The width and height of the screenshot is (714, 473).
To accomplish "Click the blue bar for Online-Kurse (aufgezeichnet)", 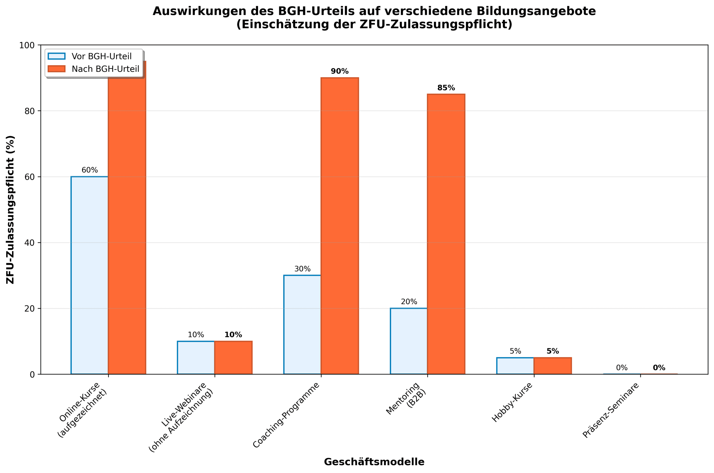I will [x=90, y=275].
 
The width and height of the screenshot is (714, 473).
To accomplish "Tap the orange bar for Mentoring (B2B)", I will [x=446, y=234].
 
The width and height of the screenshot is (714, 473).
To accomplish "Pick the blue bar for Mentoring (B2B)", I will [x=409, y=341].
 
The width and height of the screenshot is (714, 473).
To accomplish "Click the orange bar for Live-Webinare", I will [x=233, y=357].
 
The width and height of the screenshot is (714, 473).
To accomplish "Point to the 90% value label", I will [x=339, y=71].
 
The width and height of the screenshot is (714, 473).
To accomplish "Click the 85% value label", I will [x=446, y=88].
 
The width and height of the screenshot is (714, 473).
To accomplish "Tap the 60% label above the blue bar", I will [x=90, y=170].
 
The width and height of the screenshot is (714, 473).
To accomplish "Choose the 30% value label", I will [x=302, y=269].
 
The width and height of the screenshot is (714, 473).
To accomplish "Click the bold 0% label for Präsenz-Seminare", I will [x=659, y=368].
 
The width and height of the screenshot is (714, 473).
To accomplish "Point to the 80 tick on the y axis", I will [x=29, y=111].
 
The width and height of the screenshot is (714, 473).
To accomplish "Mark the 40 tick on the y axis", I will [x=29, y=243].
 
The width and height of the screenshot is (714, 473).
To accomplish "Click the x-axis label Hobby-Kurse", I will [x=512, y=403].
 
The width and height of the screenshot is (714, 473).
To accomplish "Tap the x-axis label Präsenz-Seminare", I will [x=611, y=410].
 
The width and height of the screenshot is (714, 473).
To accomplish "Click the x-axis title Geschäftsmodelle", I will [x=374, y=462].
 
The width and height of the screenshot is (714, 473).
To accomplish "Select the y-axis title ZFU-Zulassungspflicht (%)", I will [x=10, y=210].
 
